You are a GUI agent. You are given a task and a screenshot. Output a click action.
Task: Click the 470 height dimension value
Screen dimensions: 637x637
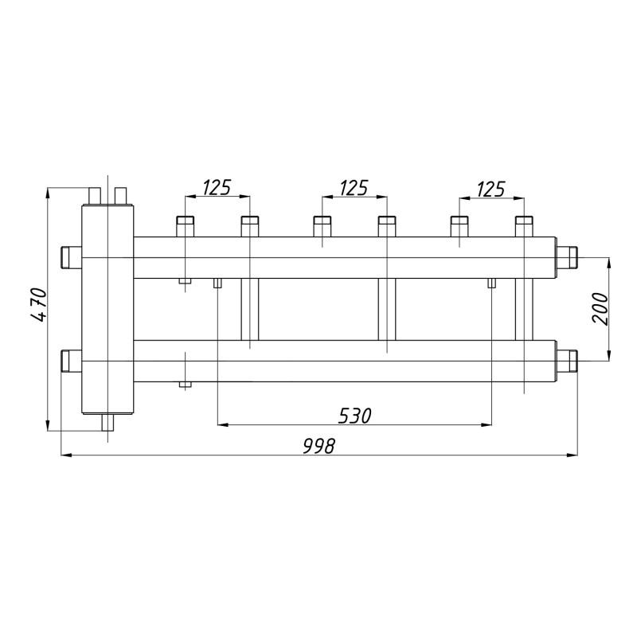coord(39,305)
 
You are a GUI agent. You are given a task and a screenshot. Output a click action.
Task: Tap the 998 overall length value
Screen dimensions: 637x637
coord(319,446)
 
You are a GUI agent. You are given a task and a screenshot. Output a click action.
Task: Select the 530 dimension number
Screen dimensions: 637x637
coord(354,416)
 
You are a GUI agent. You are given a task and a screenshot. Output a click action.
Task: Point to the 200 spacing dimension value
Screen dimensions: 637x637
coord(600,308)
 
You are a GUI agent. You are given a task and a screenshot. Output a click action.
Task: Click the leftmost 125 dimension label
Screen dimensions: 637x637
coord(217,187)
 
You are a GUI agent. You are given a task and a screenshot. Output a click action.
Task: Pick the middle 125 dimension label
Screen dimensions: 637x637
coord(354,187)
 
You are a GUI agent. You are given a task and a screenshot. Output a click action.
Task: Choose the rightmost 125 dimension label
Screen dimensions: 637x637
coord(490,189)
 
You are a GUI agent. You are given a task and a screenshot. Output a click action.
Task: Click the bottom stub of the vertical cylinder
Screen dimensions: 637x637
coord(108,423)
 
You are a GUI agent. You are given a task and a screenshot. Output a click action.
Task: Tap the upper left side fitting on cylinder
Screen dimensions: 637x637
coord(72,257)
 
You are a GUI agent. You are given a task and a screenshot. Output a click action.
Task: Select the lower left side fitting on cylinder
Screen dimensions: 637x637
coord(72,361)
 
